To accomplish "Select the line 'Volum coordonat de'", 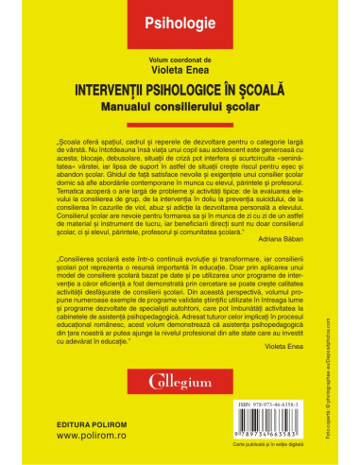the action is coord(180,53).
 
